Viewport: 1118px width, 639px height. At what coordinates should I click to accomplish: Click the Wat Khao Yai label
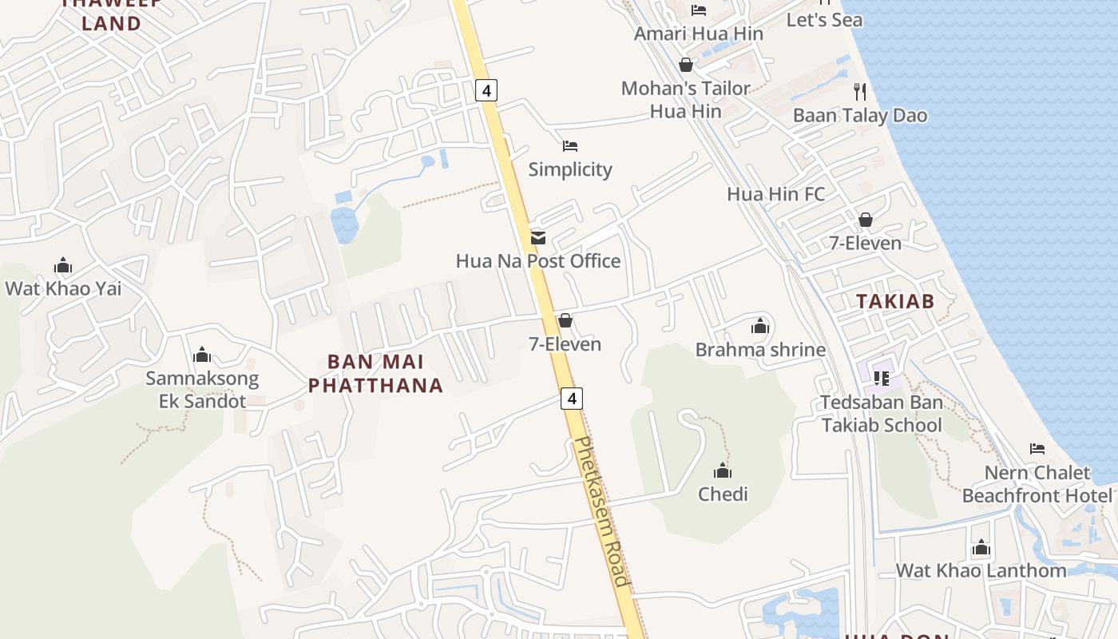[x=64, y=288]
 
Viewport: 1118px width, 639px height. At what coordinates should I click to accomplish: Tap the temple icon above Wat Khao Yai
[x=63, y=266]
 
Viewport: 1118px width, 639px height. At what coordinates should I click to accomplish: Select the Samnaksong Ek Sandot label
[x=202, y=390]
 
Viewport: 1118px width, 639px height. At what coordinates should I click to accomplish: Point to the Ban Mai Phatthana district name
[x=375, y=374]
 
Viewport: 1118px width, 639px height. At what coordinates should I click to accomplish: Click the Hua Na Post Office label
[x=537, y=261]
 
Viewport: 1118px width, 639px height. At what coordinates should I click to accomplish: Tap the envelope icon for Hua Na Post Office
[x=538, y=237]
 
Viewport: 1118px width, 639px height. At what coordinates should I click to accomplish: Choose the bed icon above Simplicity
[x=570, y=146]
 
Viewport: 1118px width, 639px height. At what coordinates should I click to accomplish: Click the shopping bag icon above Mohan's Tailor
[x=685, y=65]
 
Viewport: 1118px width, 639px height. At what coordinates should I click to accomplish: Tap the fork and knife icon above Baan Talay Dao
[x=860, y=91]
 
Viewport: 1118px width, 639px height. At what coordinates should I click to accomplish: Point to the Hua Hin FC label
[x=775, y=194]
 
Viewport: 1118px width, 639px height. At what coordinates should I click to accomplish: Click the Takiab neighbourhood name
[x=894, y=301]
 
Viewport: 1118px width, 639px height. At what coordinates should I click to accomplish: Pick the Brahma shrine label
[x=760, y=350]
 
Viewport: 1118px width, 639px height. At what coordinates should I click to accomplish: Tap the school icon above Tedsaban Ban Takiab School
[x=882, y=378]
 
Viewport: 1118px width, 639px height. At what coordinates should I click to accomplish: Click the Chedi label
[x=723, y=494]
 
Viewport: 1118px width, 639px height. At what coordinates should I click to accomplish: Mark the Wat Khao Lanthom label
[x=981, y=570]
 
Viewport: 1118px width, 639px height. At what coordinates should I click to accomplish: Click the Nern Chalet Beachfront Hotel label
[x=1037, y=484]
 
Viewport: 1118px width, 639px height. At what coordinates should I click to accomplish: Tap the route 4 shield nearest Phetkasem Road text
[x=571, y=398]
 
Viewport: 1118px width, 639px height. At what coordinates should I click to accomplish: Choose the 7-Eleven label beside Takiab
[x=865, y=244]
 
